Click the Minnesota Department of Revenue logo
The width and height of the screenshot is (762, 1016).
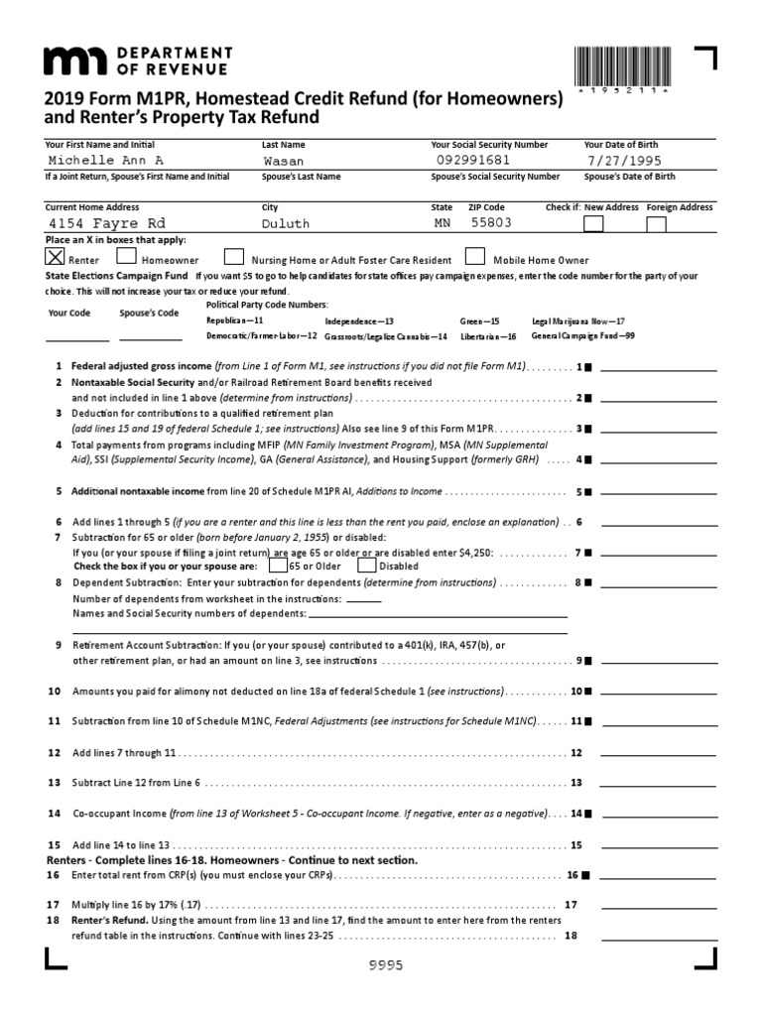pos(137,61)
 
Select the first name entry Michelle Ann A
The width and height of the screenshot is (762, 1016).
pos(105,161)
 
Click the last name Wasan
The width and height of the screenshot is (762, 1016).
pos(284,161)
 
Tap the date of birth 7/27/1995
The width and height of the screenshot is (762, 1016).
pos(624,161)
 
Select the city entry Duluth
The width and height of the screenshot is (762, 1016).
pos(286,224)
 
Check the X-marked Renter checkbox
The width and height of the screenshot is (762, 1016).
pos(56,256)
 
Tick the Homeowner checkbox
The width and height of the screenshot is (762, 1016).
pos(126,256)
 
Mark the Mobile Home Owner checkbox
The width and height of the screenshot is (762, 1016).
pos(474,256)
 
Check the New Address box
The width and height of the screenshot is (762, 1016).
pos(592,223)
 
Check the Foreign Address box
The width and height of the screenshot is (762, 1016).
pos(656,223)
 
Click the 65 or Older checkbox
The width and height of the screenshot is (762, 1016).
pos(280,565)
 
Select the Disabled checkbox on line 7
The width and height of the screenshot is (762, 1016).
pos(367,565)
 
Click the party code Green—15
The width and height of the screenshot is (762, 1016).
pos(480,321)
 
